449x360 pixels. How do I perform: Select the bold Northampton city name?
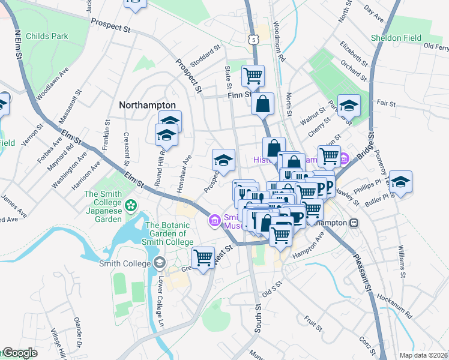[x=147, y=104]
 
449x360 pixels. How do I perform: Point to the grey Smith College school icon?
[x=159, y=262]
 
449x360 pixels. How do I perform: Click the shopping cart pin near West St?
[x=203, y=258]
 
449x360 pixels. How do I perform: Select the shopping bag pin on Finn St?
[x=263, y=103]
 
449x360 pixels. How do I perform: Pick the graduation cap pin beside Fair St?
[x=349, y=106]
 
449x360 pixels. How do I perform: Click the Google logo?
[x=20, y=353]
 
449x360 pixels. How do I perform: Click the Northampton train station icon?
[x=354, y=222]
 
